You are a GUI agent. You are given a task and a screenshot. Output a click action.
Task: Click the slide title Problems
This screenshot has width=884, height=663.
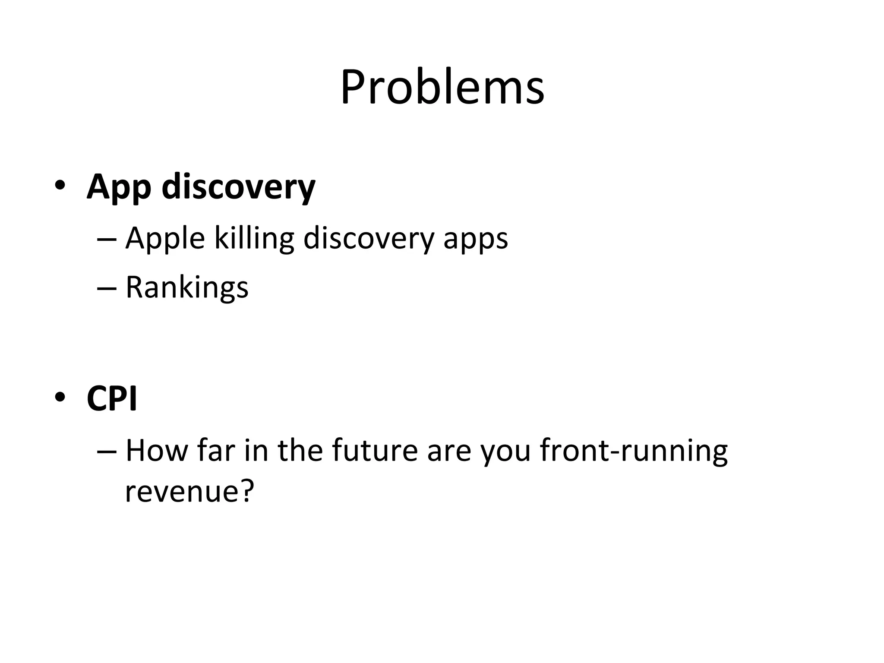click(x=442, y=88)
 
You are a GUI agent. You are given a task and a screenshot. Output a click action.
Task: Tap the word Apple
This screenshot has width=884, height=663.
click(x=165, y=239)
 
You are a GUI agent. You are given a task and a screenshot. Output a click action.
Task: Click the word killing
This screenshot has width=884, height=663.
click(x=254, y=239)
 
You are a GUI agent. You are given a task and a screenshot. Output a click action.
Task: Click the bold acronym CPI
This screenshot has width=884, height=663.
click(x=112, y=398)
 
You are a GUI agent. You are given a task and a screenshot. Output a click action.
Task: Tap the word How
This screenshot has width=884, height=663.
click(x=157, y=450)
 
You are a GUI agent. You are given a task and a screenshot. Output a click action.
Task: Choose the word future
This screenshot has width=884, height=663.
click(x=375, y=450)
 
